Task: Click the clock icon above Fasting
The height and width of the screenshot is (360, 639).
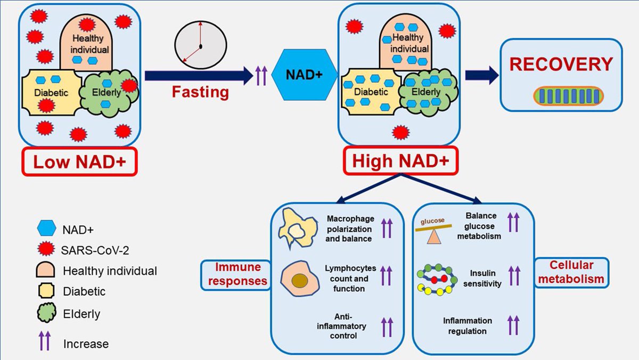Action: coord(200,46)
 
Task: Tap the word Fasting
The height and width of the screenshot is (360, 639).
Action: coord(200,92)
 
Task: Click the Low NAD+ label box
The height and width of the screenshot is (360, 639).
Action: coord(80,162)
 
